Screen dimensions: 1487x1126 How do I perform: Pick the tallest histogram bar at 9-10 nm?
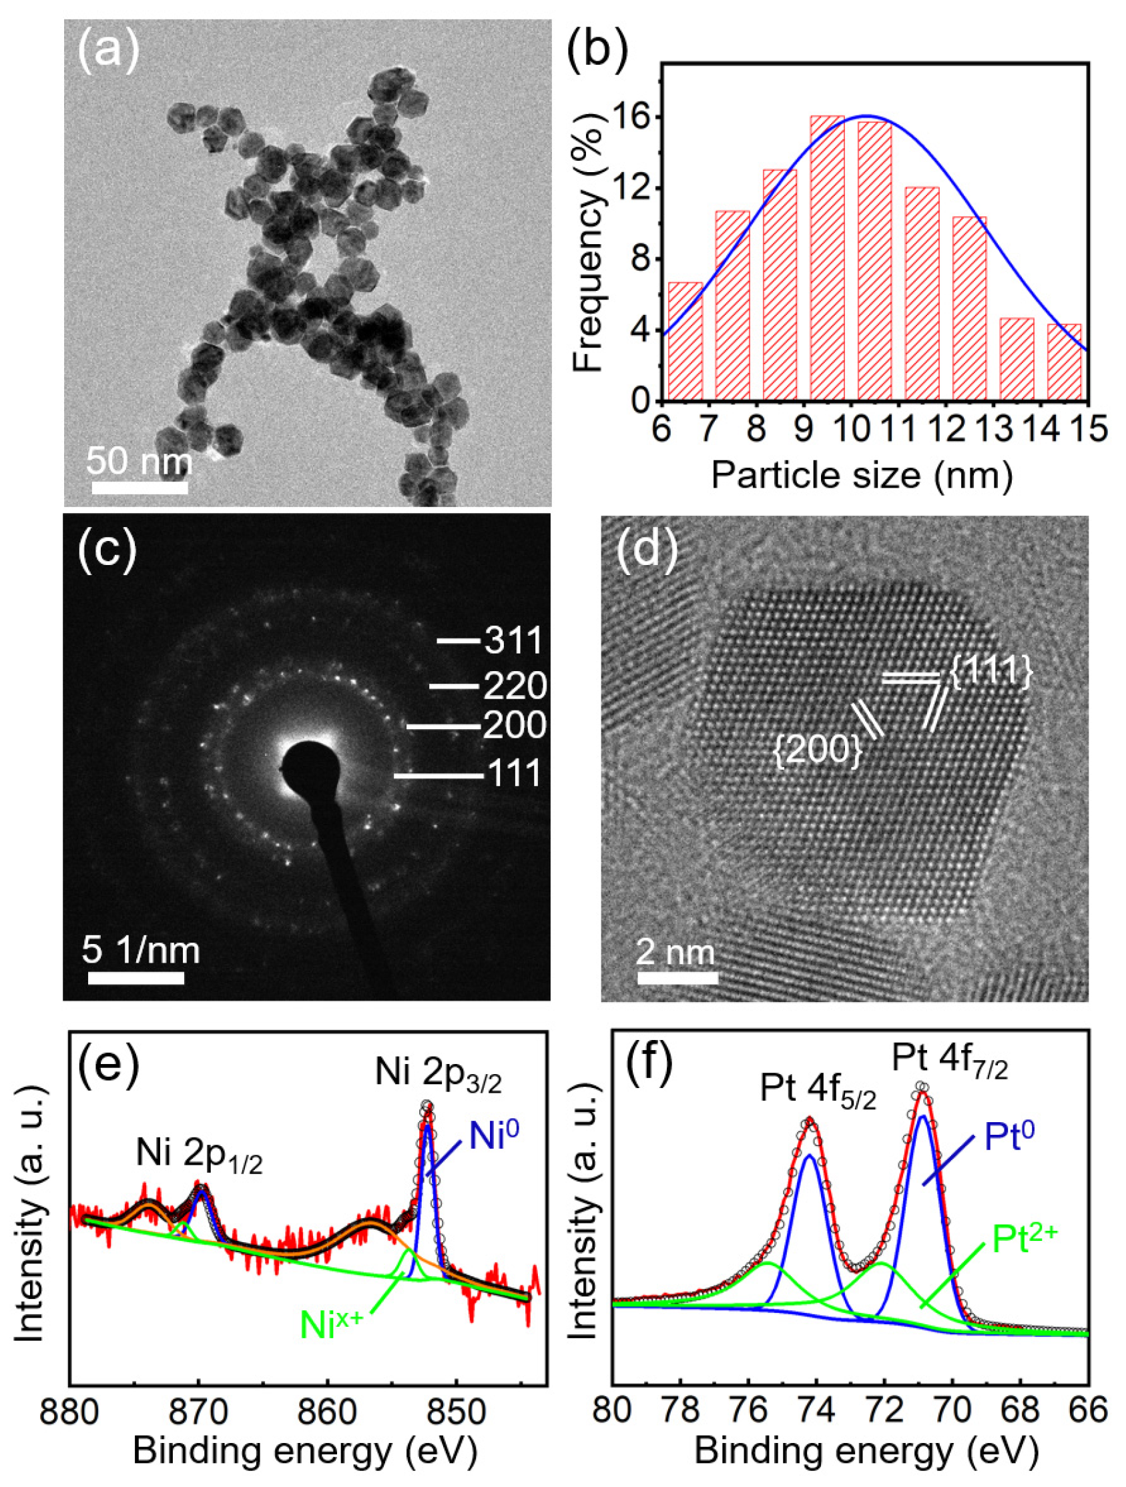click(827, 259)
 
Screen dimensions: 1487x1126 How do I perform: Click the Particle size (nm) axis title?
click(861, 475)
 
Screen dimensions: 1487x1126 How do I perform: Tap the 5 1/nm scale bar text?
click(141, 951)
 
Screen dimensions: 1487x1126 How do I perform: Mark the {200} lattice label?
click(818, 750)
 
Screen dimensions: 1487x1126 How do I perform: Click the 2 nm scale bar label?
click(675, 952)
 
